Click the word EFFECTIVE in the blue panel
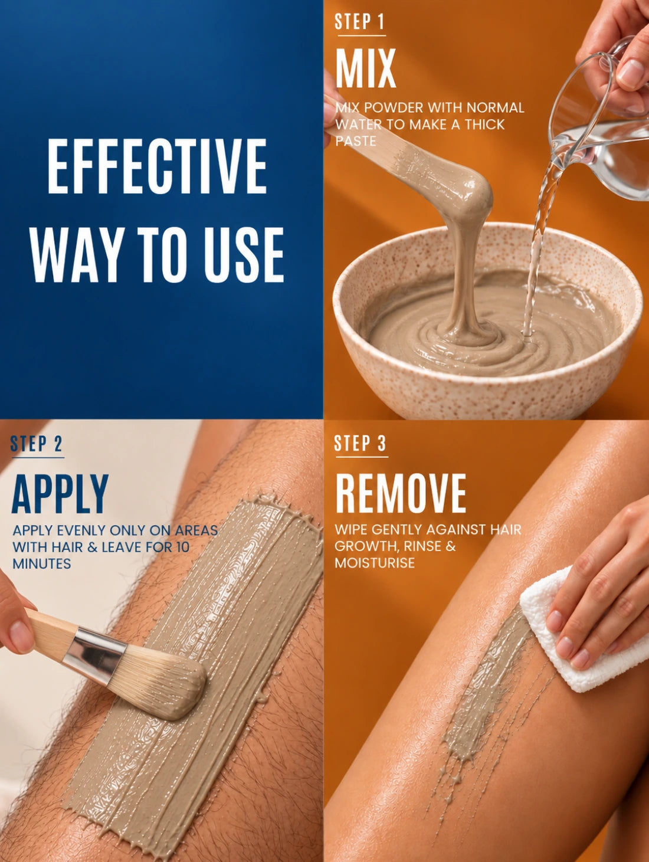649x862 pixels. [x=157, y=166]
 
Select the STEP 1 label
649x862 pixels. [x=359, y=22]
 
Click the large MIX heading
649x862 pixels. [x=366, y=68]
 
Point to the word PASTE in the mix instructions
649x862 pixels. [x=356, y=141]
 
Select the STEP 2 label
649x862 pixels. [x=36, y=444]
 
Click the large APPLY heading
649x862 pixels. [x=60, y=494]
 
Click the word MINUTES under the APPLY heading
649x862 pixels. [x=42, y=564]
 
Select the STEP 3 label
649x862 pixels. [x=360, y=443]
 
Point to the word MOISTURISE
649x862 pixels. [x=375, y=563]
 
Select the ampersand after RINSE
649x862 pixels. [x=451, y=546]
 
